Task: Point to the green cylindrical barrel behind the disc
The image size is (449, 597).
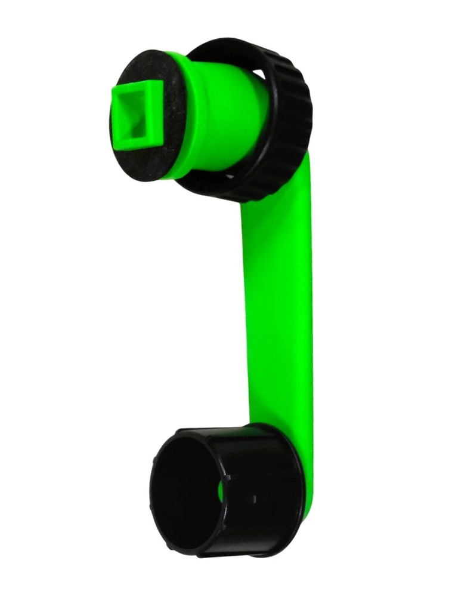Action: point(227,107)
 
